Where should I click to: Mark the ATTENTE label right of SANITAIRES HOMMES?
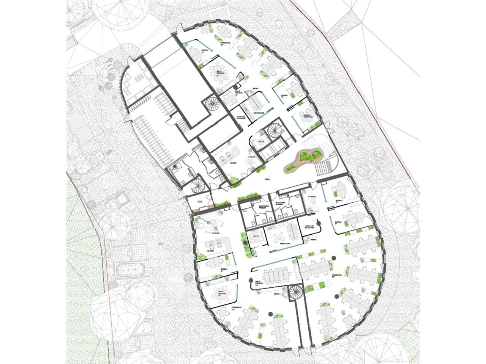312,197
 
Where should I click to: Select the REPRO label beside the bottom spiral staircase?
276,294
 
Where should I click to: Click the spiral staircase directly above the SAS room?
198,185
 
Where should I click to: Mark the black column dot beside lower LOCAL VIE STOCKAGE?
318,222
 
